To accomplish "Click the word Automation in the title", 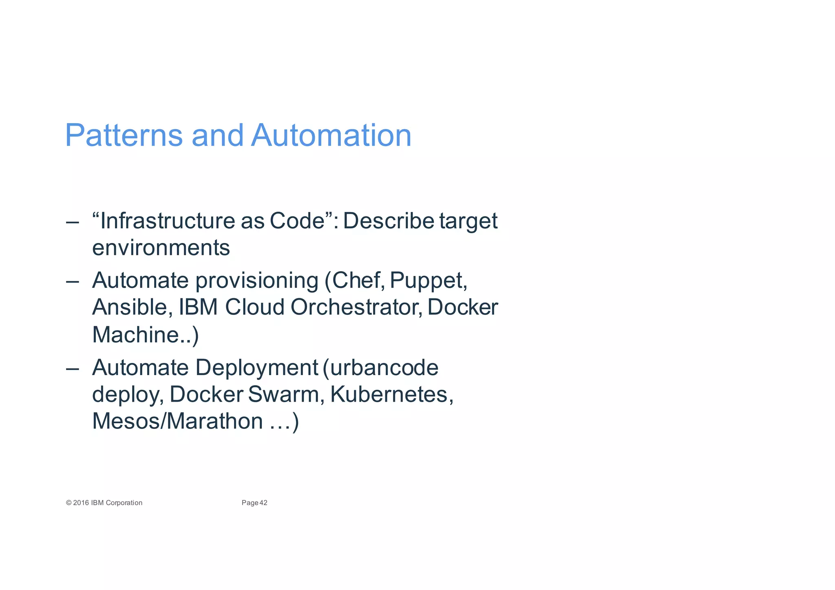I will tap(331, 135).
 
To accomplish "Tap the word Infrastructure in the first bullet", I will tap(167, 221).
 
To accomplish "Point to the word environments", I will tap(161, 248).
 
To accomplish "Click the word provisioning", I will tap(257, 281).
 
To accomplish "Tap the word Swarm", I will tap(284, 394).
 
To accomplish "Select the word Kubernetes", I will tap(389, 394).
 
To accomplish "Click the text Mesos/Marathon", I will tap(177, 421).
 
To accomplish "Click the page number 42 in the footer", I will tap(263, 503).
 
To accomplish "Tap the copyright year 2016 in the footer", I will tap(81, 503).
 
